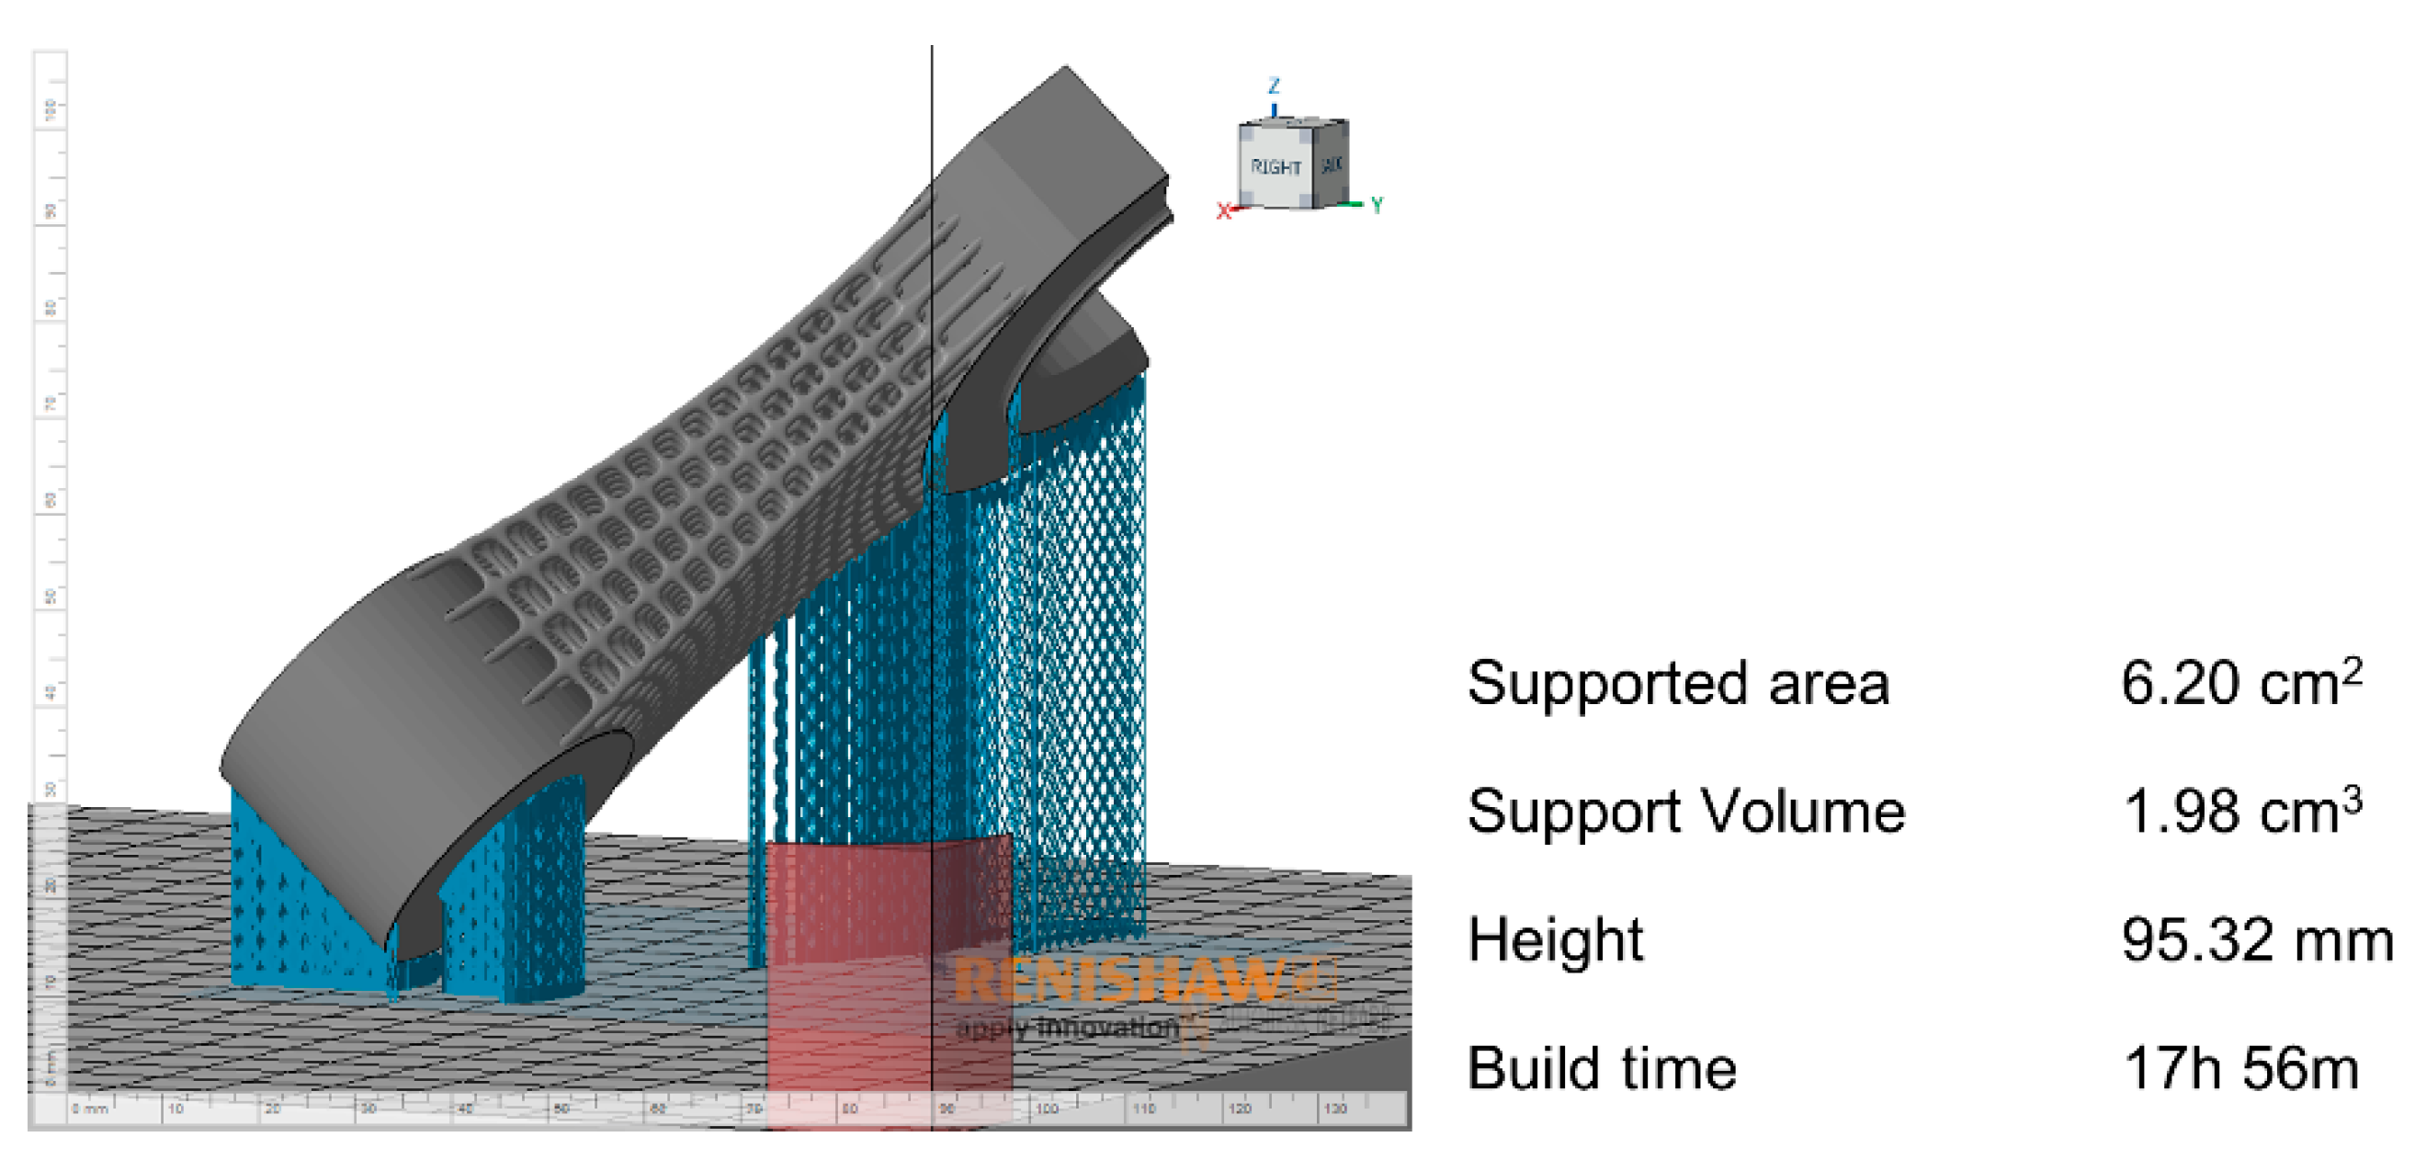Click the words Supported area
coord(1677,684)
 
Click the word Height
coord(1555,939)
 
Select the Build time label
coord(1601,1068)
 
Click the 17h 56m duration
coord(2240,1068)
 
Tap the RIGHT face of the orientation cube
coord(1275,167)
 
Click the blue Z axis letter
coord(1273,86)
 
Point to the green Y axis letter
coord(1377,205)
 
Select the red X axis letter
coord(1222,212)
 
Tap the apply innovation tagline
coord(1067,1028)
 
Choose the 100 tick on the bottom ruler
coord(1046,1109)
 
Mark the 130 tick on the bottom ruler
coord(1334,1109)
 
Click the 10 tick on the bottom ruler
coord(176,1109)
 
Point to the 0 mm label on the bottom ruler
coord(90,1109)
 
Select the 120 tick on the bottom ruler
coord(1239,1109)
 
